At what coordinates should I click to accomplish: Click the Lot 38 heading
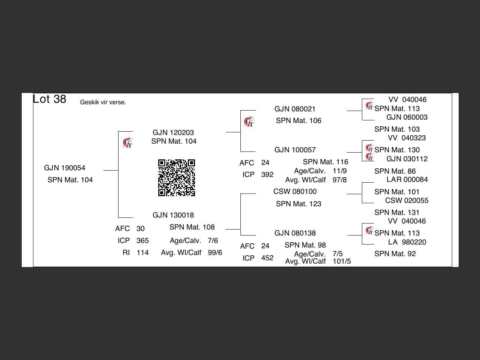[49, 99]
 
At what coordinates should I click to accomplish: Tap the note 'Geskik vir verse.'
[103, 102]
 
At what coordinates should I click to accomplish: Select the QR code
[176, 178]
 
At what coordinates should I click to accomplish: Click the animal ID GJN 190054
[64, 168]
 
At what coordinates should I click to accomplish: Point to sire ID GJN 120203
[173, 133]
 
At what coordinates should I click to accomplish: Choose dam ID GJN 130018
[173, 215]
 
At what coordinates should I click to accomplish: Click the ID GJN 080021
[295, 109]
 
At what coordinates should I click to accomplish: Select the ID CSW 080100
[295, 192]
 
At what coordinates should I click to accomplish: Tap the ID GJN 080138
[295, 233]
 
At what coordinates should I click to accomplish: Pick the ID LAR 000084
[407, 180]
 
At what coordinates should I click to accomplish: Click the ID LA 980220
[407, 242]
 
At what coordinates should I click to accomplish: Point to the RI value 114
[142, 253]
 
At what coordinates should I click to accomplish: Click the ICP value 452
[267, 258]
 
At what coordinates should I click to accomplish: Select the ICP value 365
[142, 241]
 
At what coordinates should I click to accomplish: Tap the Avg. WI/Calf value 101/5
[342, 261]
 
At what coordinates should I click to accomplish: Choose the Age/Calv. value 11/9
[339, 171]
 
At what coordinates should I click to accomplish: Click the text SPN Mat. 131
[397, 213]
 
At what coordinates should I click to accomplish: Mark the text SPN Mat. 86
[395, 171]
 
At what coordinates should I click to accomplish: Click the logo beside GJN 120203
[127, 143]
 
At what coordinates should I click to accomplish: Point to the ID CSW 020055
[406, 201]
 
